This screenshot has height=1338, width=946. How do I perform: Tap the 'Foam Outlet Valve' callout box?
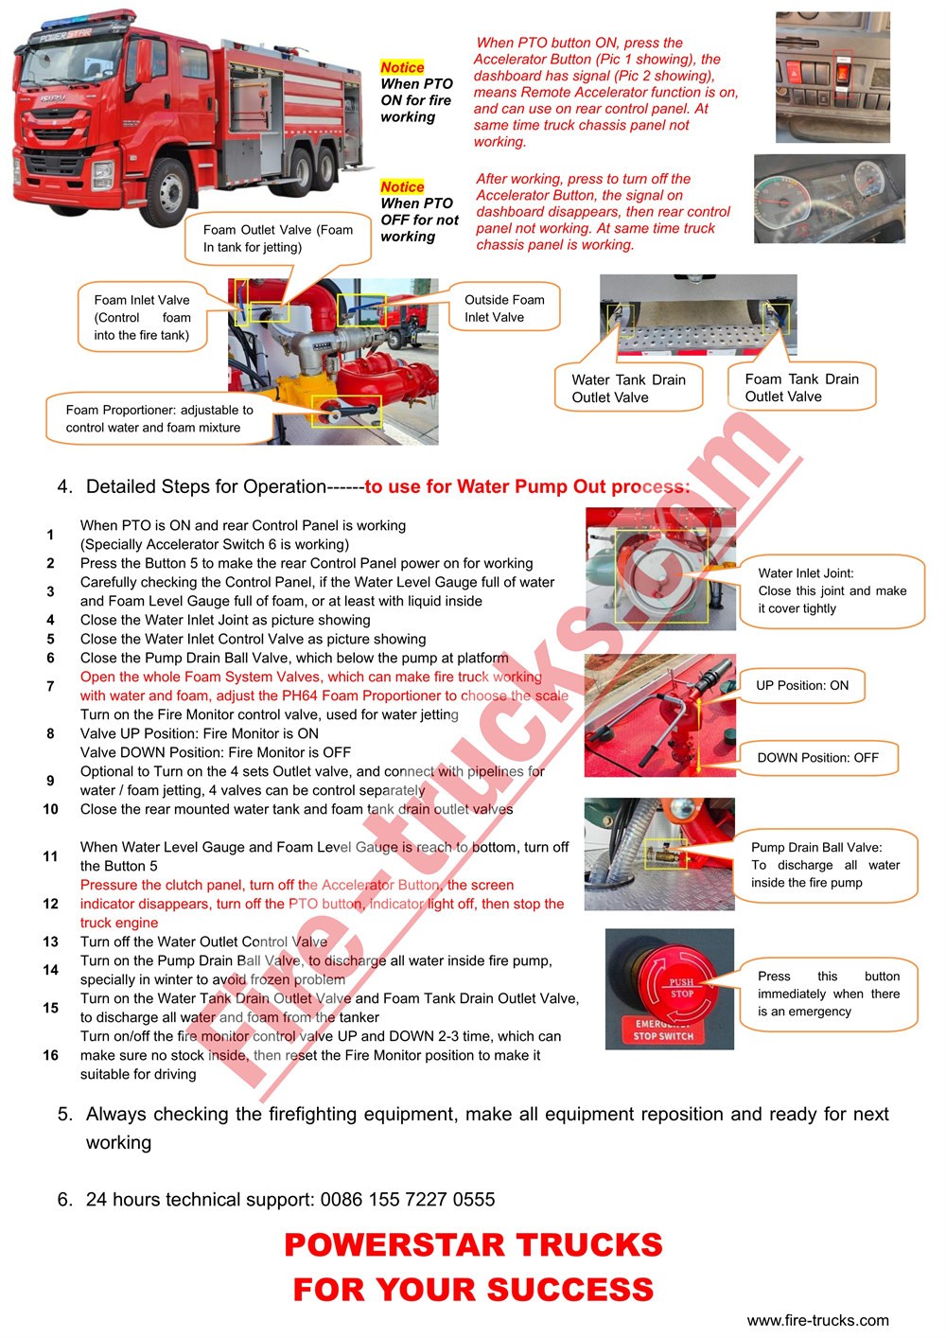(x=277, y=238)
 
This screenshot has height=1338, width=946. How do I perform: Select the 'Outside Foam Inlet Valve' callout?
(x=504, y=308)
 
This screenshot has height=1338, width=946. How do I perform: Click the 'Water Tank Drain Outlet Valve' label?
(x=628, y=389)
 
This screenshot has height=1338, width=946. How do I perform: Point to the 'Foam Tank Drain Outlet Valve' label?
(x=801, y=388)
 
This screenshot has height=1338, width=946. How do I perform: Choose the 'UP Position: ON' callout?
(x=802, y=685)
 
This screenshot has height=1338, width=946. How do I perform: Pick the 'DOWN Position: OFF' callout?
(x=817, y=757)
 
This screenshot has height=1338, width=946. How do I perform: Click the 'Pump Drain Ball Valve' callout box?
(x=825, y=865)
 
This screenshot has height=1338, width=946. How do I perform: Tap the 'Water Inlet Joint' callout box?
(x=832, y=591)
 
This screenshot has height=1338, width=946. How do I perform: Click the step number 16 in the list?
(x=51, y=1055)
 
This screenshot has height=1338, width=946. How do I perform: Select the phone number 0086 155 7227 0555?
(x=407, y=1199)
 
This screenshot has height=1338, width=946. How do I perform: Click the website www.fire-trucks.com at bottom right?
(x=817, y=1320)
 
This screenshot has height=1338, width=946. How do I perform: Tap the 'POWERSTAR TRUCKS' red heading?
(x=473, y=1244)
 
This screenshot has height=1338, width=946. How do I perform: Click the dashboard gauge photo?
(x=829, y=199)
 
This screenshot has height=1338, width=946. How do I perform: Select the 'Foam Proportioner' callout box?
(x=160, y=418)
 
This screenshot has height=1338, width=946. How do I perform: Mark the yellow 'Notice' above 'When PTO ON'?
(x=402, y=67)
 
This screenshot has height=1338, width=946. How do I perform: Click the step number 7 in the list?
(x=51, y=686)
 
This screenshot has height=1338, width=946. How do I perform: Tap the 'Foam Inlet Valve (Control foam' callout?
(x=142, y=317)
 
